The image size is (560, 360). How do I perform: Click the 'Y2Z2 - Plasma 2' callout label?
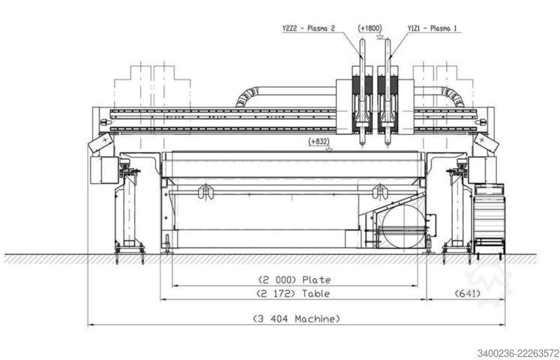(309, 28)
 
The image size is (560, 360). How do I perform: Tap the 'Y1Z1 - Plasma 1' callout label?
(432, 28)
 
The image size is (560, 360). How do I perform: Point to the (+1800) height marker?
(370, 28)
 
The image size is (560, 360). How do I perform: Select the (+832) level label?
(319, 142)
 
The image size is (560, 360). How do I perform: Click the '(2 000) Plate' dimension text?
(295, 280)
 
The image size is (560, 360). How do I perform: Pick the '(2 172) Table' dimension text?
(293, 293)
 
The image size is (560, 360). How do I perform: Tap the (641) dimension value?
(468, 293)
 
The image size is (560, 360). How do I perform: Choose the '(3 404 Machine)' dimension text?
(296, 319)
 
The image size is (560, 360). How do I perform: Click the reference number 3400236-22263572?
(518, 353)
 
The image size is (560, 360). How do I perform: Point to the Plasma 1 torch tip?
(388, 145)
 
